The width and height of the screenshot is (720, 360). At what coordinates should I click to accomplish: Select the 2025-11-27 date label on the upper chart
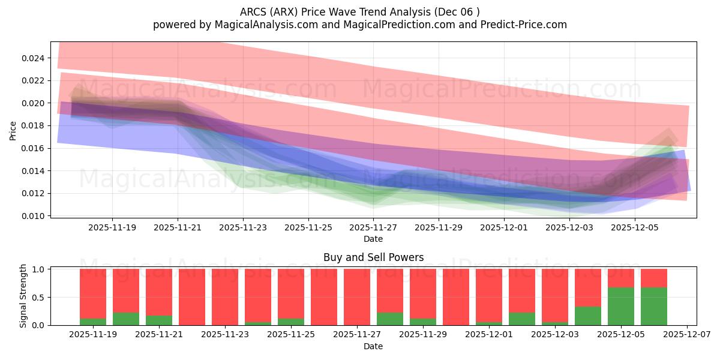pyautogui.click(x=373, y=228)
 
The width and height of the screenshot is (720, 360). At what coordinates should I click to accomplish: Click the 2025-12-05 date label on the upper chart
pyautogui.click(x=634, y=228)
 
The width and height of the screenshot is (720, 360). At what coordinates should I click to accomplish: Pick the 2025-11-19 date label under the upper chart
pyautogui.click(x=112, y=228)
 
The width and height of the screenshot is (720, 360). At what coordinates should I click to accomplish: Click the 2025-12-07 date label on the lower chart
pyautogui.click(x=685, y=335)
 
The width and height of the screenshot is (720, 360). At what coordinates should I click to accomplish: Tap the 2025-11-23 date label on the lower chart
pyautogui.click(x=225, y=335)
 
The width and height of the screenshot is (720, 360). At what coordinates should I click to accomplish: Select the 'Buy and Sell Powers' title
pyautogui.click(x=373, y=257)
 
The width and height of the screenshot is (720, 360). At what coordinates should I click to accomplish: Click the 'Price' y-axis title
pyautogui.click(x=13, y=130)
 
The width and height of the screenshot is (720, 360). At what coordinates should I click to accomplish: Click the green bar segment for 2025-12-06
pyautogui.click(x=653, y=307)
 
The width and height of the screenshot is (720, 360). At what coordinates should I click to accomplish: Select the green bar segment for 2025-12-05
pyautogui.click(x=620, y=307)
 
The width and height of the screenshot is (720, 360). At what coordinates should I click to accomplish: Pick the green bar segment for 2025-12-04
pyautogui.click(x=587, y=316)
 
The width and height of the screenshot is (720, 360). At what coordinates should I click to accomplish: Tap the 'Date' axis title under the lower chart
pyautogui.click(x=373, y=346)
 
